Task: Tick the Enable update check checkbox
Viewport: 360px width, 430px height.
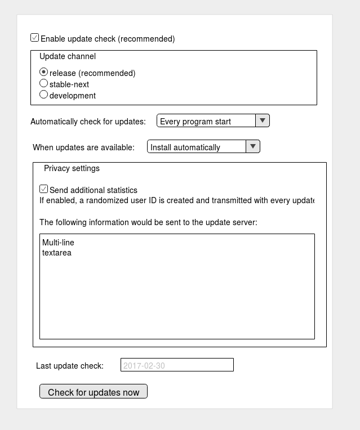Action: (x=35, y=38)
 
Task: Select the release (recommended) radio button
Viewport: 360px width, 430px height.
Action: (x=44, y=72)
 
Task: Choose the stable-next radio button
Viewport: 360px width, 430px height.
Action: (x=44, y=83)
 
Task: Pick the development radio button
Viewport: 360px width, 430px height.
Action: (x=44, y=95)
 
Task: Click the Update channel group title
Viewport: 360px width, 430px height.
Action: (x=68, y=56)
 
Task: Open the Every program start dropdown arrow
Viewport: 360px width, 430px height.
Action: (x=263, y=120)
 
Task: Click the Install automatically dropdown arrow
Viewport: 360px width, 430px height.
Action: (x=253, y=146)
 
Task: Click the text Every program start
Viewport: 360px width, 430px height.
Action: (x=195, y=121)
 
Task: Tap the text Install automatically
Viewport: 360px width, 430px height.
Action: (x=185, y=147)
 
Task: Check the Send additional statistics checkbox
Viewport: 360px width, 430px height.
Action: (x=44, y=189)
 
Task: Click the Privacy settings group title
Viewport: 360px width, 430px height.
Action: (x=72, y=168)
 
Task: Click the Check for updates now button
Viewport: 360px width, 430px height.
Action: (x=94, y=392)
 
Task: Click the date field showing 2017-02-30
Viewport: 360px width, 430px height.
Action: (x=177, y=365)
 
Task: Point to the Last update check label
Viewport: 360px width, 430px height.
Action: (x=70, y=366)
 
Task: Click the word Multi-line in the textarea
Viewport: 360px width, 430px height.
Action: (x=58, y=243)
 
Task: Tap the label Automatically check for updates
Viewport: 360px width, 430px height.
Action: (x=88, y=122)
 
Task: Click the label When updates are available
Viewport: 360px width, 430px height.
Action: (x=84, y=147)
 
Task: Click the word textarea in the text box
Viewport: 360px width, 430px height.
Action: (x=57, y=253)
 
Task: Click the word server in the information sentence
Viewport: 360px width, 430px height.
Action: (x=243, y=222)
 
